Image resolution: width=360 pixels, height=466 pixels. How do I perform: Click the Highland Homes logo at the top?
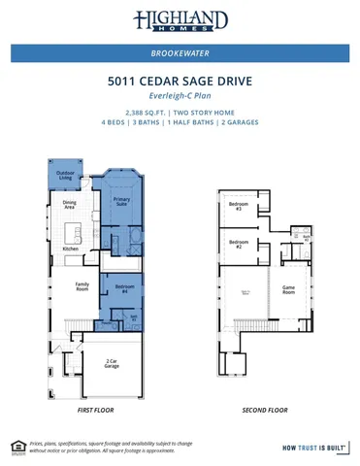[x=180, y=20]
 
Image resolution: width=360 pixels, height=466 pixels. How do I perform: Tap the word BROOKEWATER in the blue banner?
[x=180, y=53]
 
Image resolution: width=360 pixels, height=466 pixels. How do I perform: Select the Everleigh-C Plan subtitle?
[x=180, y=97]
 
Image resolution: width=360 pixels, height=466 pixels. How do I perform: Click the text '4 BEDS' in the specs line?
[x=115, y=123]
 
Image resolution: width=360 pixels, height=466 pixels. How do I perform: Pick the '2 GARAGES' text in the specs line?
[x=238, y=123]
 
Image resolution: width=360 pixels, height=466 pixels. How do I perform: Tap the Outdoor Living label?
[x=64, y=176]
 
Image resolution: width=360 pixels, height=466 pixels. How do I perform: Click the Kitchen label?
[x=71, y=250]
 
